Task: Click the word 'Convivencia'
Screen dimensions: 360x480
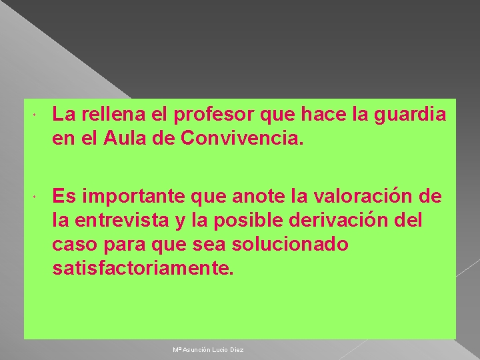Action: (242, 139)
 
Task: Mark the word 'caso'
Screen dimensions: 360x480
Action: (73, 245)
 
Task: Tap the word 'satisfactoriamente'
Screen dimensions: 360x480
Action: (143, 269)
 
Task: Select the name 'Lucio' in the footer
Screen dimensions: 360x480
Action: (221, 350)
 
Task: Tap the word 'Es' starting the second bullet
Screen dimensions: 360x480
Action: (63, 197)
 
